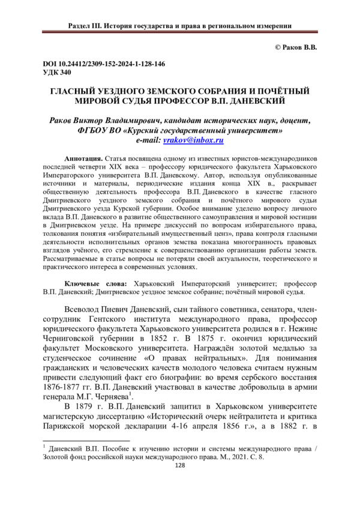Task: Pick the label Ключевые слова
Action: pos(95,282)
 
